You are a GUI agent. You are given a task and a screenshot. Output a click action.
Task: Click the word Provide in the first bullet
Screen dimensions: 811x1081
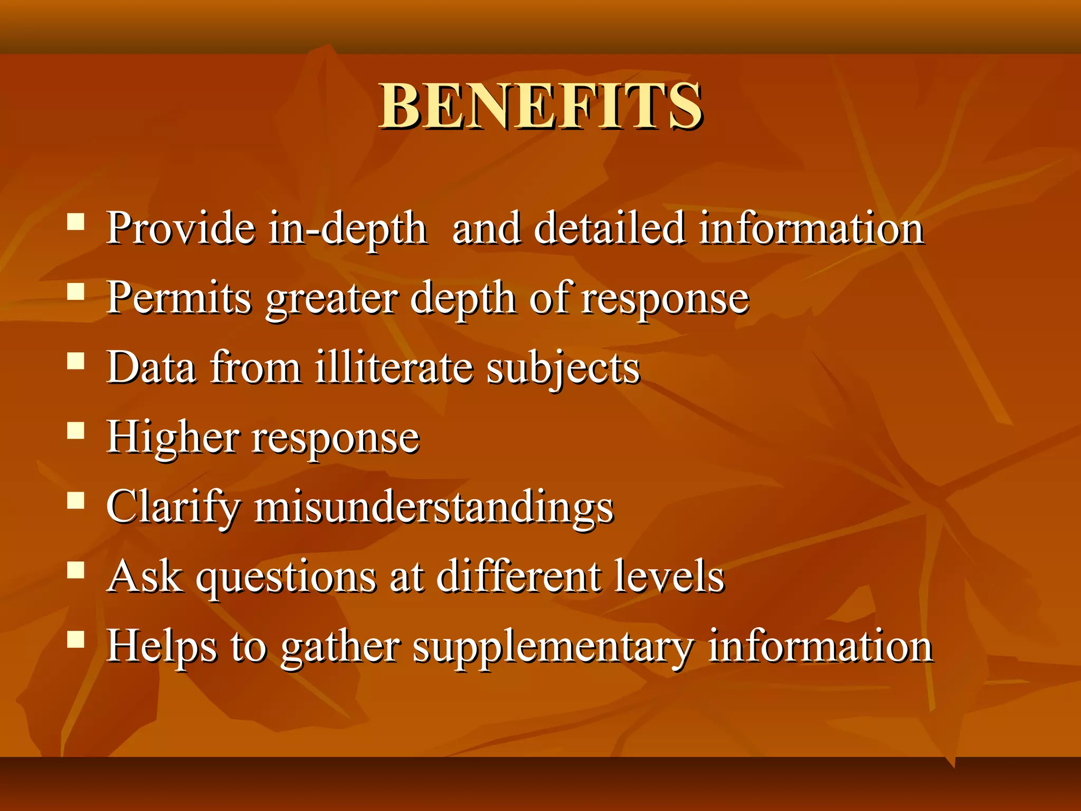pyautogui.click(x=181, y=228)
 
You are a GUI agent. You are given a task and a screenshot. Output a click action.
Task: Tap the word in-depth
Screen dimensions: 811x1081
pyautogui.click(x=347, y=229)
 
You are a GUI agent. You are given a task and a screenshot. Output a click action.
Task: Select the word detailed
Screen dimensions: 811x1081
pyautogui.click(x=610, y=228)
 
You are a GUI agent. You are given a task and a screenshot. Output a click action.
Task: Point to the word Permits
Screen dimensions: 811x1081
pyautogui.click(x=179, y=298)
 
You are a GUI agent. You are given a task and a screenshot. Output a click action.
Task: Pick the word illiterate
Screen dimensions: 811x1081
pyautogui.click(x=394, y=367)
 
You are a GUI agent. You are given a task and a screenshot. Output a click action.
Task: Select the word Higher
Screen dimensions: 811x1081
pyautogui.click(x=173, y=437)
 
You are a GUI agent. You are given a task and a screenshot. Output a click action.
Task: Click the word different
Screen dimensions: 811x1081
pyautogui.click(x=519, y=576)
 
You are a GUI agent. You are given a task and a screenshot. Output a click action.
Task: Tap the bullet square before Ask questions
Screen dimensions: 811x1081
pyautogui.click(x=76, y=570)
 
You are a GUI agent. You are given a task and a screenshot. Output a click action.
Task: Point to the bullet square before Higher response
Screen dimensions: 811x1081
pyautogui.click(x=76, y=431)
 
